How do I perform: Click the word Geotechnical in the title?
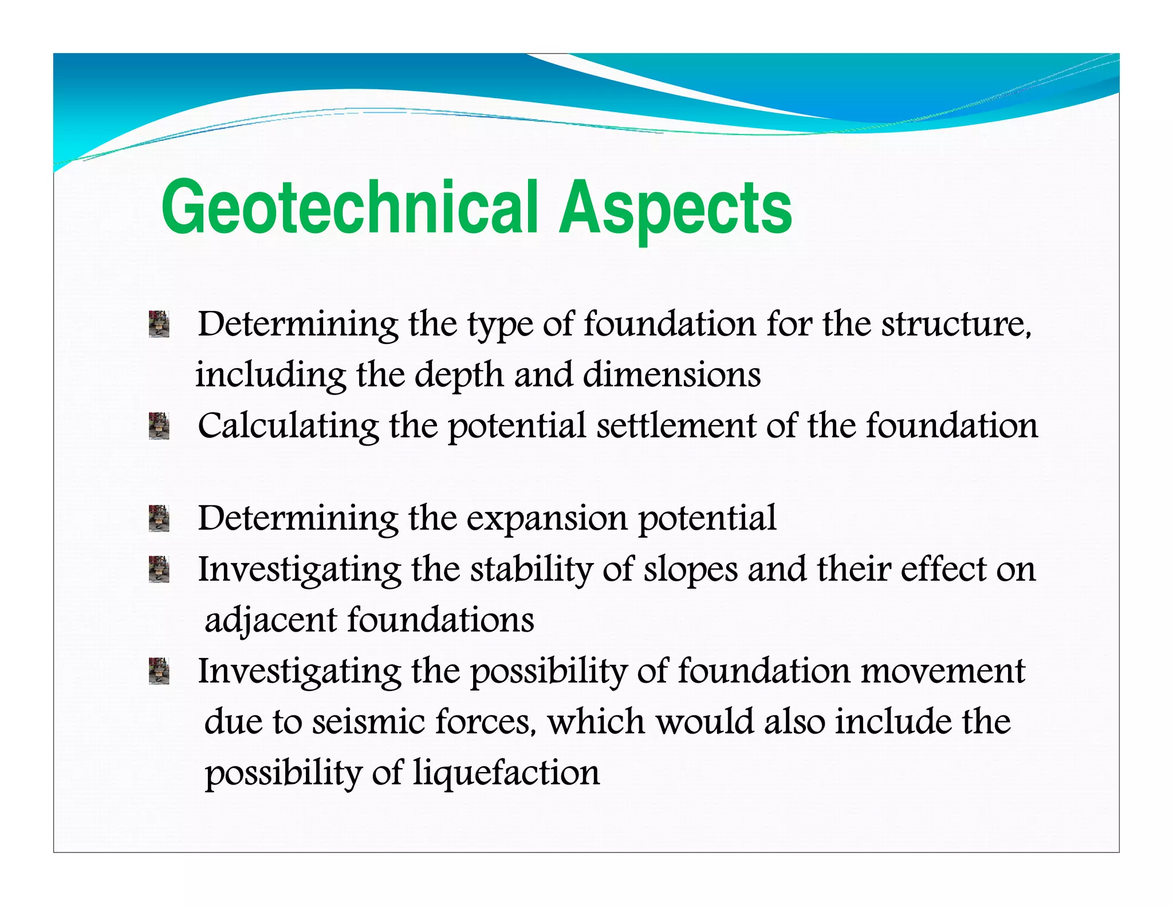(x=349, y=207)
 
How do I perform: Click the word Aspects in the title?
(x=676, y=207)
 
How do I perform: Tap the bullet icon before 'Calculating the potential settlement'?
(x=159, y=426)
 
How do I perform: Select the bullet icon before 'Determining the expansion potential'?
(x=159, y=518)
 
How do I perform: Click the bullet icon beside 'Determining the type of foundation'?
(x=159, y=324)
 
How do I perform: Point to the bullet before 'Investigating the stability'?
(x=159, y=569)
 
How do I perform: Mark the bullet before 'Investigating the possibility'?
(x=159, y=671)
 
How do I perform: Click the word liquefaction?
(x=506, y=773)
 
